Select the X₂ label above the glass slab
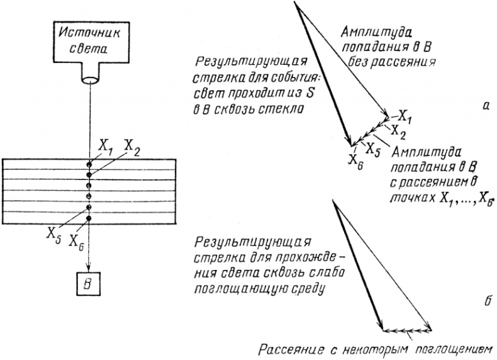click(x=131, y=145)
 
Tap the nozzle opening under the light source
click(x=89, y=79)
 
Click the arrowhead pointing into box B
click(x=89, y=267)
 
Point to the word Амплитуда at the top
click(x=373, y=33)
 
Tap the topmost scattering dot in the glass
click(x=89, y=164)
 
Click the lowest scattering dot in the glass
click(x=89, y=218)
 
